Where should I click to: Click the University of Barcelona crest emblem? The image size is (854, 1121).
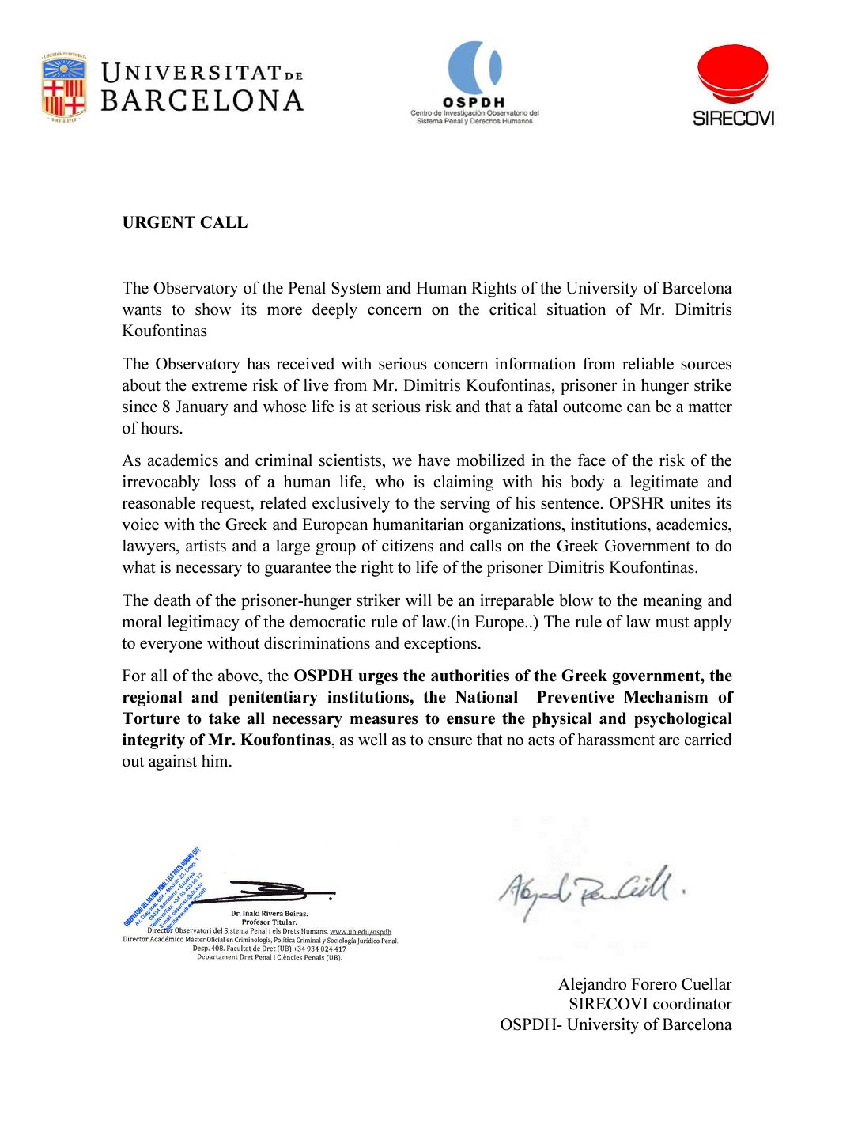[64, 87]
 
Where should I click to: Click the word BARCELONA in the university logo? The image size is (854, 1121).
[202, 101]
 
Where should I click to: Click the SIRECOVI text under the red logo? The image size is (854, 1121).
[733, 119]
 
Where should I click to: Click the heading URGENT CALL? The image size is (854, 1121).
[185, 222]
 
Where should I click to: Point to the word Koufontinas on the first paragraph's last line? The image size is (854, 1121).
[164, 331]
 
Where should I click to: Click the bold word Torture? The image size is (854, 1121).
[151, 718]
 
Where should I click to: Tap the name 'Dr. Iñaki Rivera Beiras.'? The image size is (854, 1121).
[270, 914]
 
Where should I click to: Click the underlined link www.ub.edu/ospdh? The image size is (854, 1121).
[361, 931]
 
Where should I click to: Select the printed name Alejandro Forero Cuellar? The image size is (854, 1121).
[644, 984]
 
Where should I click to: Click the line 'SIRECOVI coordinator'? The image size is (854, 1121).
[650, 1004]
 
